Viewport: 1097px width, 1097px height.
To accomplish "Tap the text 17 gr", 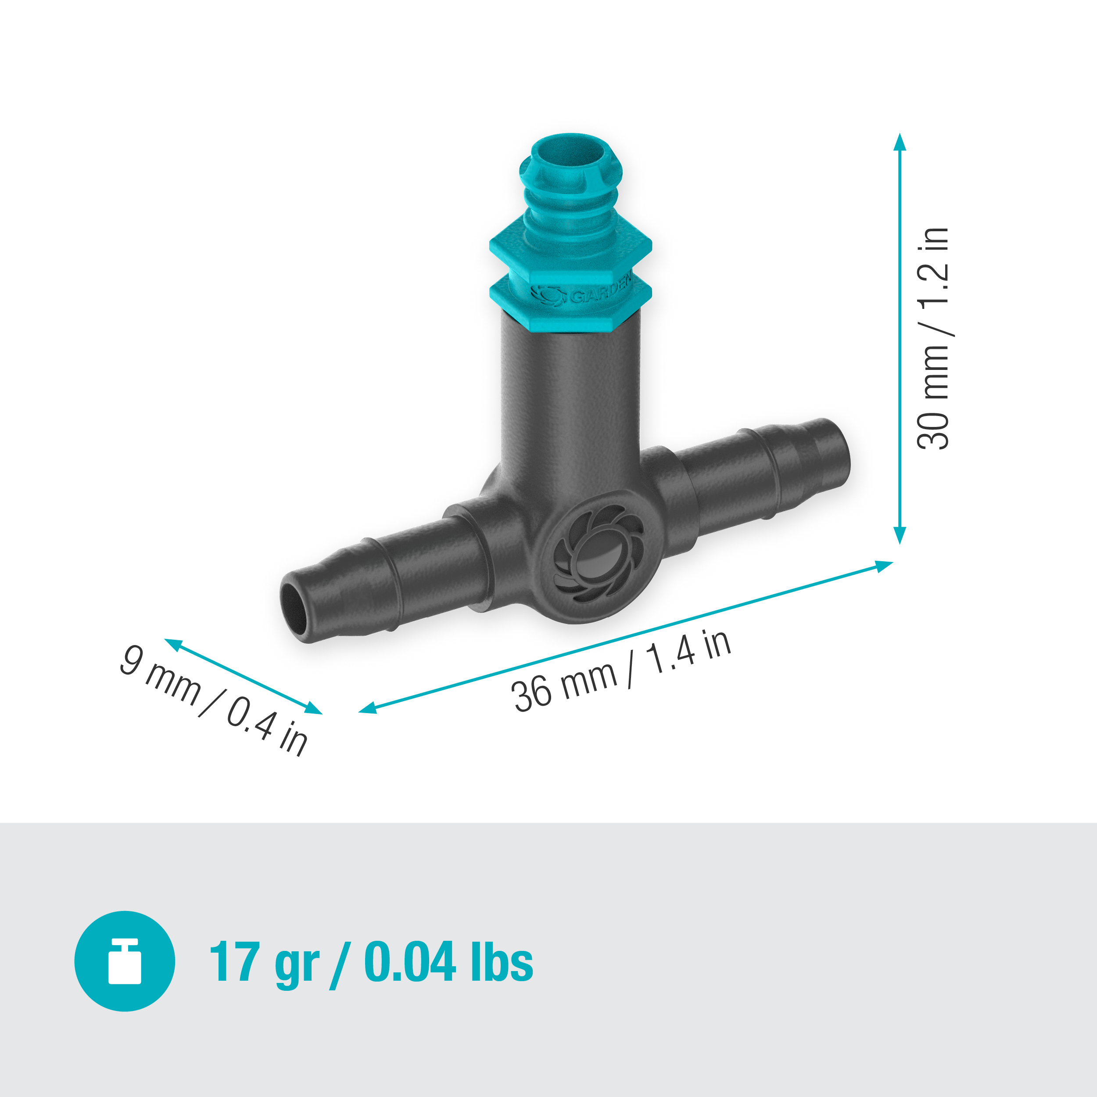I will [x=264, y=962].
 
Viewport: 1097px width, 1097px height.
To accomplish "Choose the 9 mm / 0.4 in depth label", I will [x=214, y=700].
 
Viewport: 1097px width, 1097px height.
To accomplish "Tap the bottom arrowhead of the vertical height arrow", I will [x=900, y=535].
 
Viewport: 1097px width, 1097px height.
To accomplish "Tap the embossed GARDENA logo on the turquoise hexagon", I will [x=582, y=294].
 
